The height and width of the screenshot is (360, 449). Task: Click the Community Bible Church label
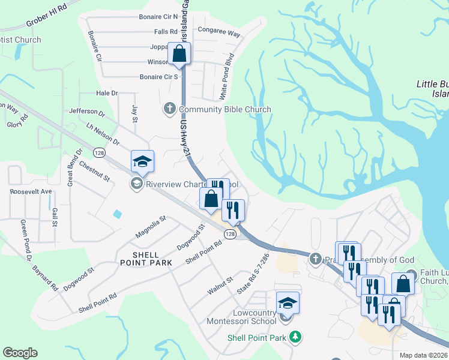(224, 109)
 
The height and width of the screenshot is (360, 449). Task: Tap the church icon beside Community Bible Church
(170, 109)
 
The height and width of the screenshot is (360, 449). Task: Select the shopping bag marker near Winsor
(179, 53)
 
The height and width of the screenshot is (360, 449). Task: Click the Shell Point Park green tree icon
(294, 338)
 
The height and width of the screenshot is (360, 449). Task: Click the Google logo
(20, 353)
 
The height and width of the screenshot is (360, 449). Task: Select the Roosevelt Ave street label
(31, 191)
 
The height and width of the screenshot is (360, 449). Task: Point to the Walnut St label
(220, 285)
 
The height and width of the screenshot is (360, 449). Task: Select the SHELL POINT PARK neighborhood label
(146, 258)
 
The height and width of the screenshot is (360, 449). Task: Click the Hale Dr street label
(107, 94)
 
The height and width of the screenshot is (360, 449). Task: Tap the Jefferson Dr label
(87, 112)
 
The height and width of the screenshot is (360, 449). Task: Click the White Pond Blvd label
(226, 77)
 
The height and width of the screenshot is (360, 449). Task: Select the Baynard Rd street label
(44, 275)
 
